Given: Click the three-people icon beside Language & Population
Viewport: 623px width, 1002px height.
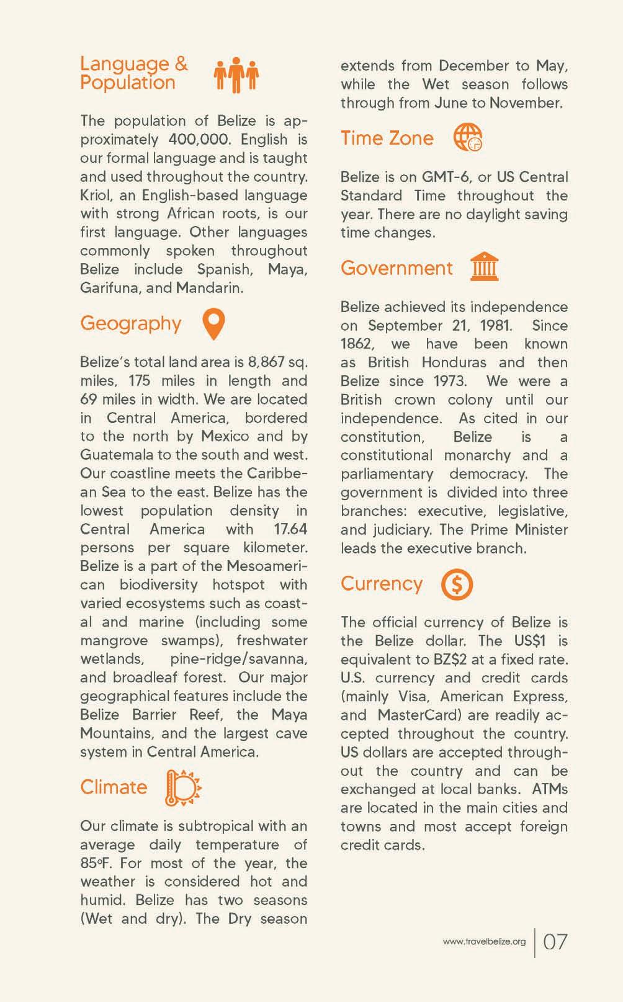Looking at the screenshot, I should pos(236,75).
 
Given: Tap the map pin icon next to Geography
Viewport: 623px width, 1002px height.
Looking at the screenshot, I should pos(213,324).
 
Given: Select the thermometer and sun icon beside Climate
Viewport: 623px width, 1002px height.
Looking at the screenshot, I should pos(183,788).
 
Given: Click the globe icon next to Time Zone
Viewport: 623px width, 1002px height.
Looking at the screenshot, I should pos(467,138).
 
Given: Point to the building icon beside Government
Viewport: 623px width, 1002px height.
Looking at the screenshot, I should pos(484,267).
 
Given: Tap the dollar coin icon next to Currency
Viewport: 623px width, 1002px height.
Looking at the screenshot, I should pos(457,584).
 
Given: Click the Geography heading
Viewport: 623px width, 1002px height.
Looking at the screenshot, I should pos(130,323).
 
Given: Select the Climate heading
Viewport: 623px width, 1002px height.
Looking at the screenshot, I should pos(114,787).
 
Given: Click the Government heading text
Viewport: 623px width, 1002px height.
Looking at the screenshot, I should pos(397,268).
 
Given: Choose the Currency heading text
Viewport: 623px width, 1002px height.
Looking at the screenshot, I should pos(381,583).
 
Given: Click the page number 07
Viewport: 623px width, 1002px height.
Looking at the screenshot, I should pos(555,942).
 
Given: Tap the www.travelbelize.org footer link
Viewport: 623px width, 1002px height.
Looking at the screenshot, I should pos(484,942).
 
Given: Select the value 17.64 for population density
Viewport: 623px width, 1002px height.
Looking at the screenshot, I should pos(290,529).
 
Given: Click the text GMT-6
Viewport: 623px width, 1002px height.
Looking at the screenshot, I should pos(446,177).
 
